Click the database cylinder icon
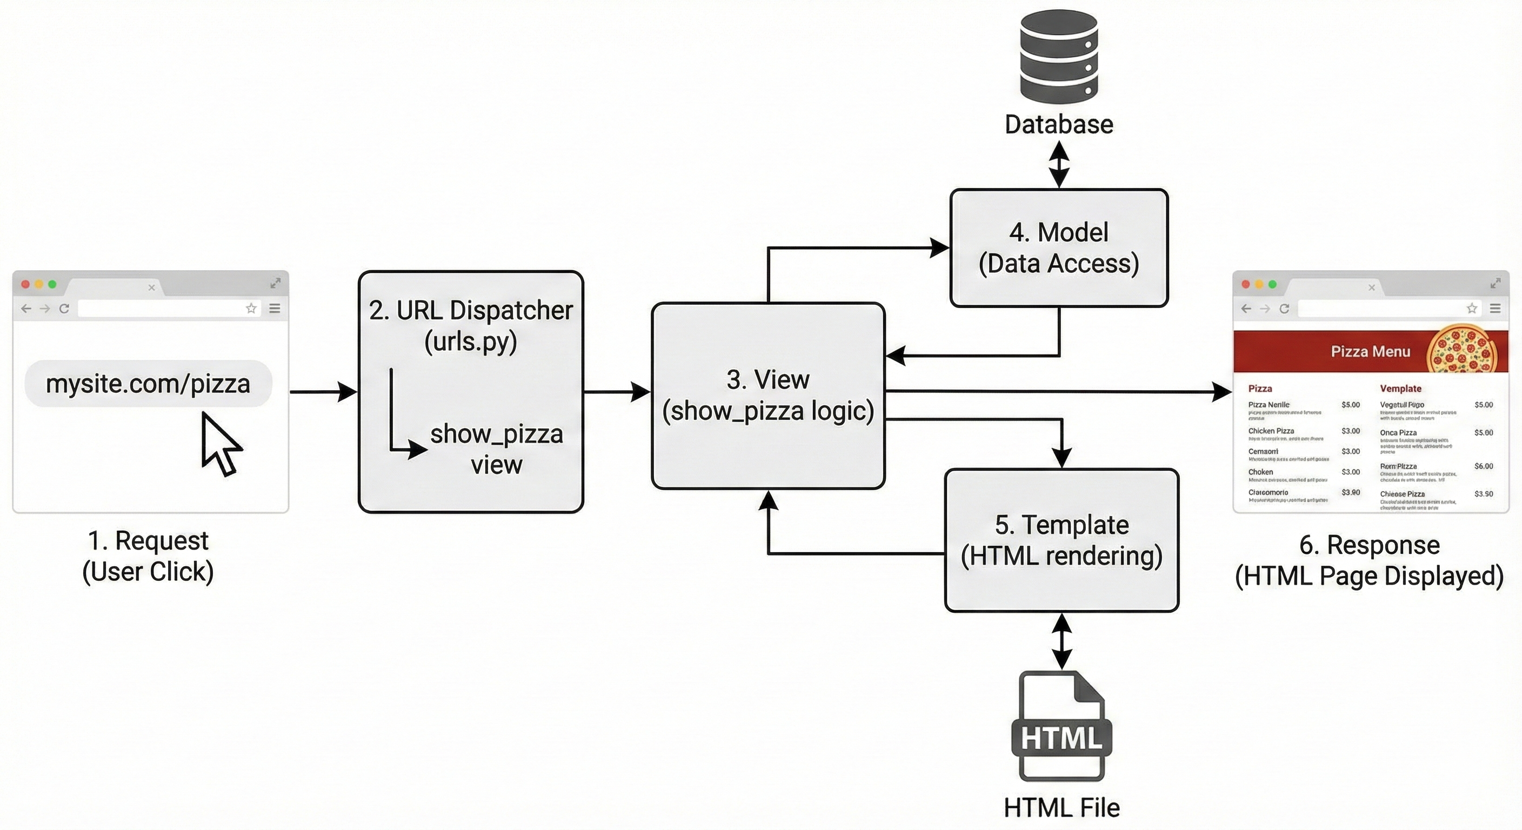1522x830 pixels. pos(1059,57)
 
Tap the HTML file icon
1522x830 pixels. pos(1062,727)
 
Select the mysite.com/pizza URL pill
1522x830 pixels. pos(148,384)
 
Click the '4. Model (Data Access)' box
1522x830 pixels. pos(1059,247)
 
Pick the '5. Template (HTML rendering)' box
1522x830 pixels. pos(1062,540)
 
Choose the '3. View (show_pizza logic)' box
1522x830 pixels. pos(767,395)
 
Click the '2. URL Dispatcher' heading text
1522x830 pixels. pos(471,311)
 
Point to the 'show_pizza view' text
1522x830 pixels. pos(496,449)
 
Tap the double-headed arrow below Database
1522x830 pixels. pos(1059,165)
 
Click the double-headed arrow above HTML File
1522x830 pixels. pos(1062,641)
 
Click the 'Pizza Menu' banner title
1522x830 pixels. pos(1370,351)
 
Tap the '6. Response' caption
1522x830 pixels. pos(1369,545)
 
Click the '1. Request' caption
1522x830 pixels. pos(148,540)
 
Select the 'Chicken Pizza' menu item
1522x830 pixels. pos(1271,431)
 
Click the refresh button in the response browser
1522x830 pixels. pos(1284,309)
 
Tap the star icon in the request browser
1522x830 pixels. pos(251,309)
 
